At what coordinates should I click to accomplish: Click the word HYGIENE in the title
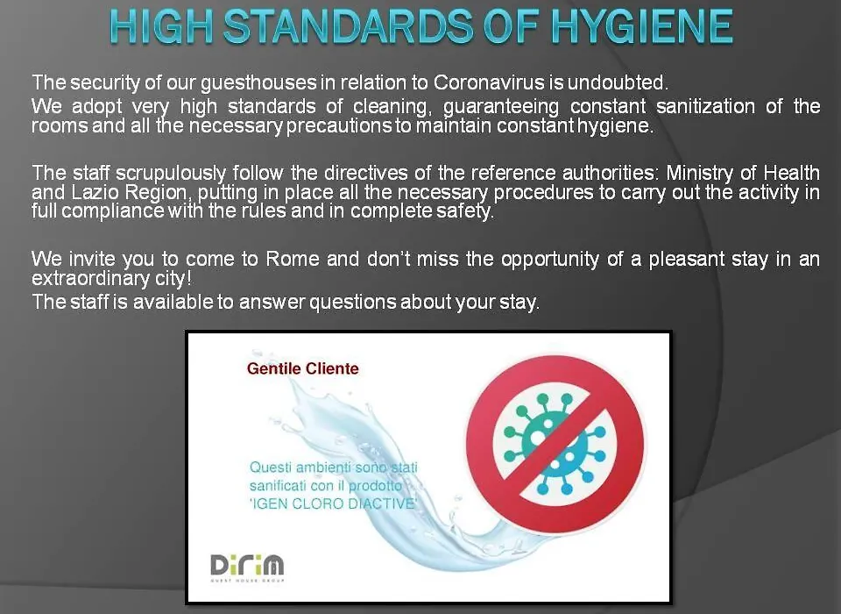pyautogui.click(x=642, y=27)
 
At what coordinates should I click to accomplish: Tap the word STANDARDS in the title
pyautogui.click(x=349, y=27)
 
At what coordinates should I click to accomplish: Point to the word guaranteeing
pyautogui.click(x=501, y=107)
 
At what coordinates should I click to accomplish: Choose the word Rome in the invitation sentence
pyautogui.click(x=293, y=259)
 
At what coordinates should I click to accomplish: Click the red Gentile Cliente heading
pyautogui.click(x=302, y=368)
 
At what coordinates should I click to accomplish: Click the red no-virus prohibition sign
pyautogui.click(x=555, y=444)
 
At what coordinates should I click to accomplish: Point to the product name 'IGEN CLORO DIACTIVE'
pyautogui.click(x=333, y=503)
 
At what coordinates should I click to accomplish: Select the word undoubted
pyautogui.click(x=618, y=82)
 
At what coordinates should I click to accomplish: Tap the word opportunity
pyautogui.click(x=550, y=260)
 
